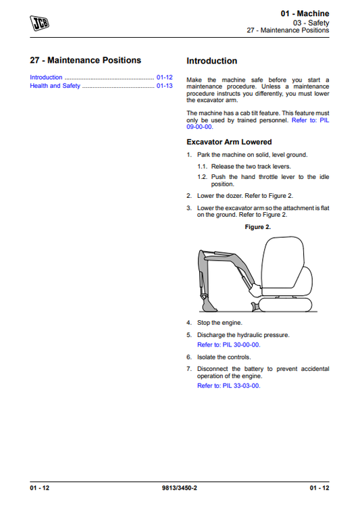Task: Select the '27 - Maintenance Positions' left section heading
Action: click(x=86, y=60)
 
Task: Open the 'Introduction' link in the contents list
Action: click(x=46, y=77)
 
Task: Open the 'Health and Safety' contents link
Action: click(x=55, y=86)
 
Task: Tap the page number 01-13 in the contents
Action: click(x=164, y=86)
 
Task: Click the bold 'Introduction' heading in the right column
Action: click(x=211, y=61)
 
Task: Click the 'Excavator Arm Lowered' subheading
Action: click(x=229, y=142)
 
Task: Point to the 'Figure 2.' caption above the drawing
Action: click(x=257, y=227)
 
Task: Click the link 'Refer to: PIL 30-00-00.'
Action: click(x=228, y=344)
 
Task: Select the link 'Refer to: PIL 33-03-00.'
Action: click(x=228, y=386)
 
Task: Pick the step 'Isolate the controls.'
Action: click(x=224, y=357)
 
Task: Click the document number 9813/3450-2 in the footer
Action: click(x=180, y=488)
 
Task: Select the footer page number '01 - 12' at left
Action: click(x=39, y=488)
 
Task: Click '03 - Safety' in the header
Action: click(x=313, y=22)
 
